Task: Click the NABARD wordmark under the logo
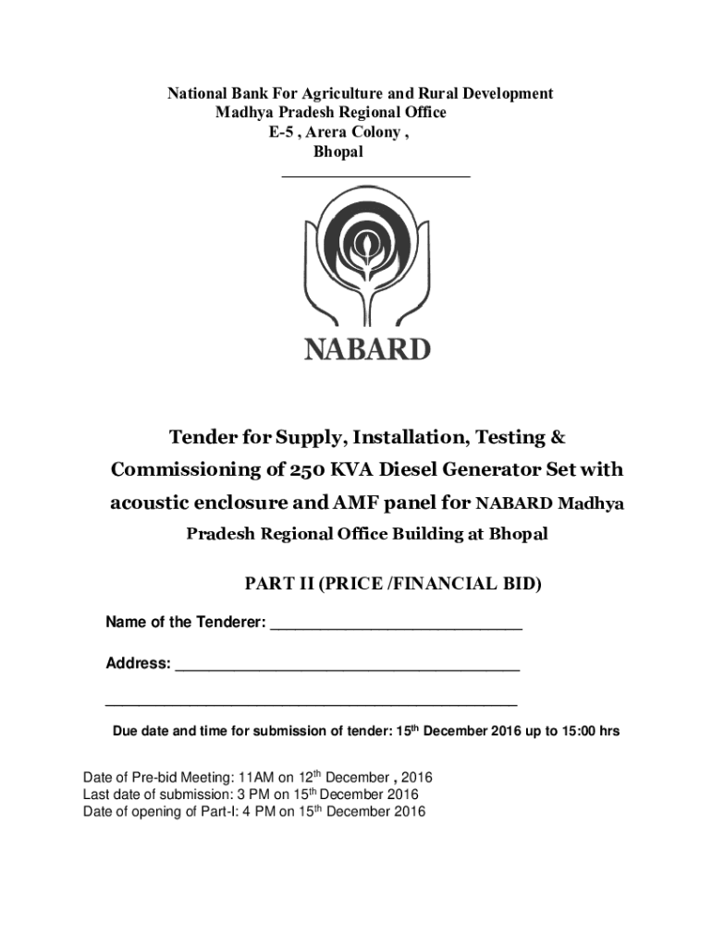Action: pyautogui.click(x=367, y=350)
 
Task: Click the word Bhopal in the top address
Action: pyautogui.click(x=338, y=152)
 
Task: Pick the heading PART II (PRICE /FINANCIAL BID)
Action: pyautogui.click(x=392, y=584)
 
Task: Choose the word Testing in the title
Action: pyautogui.click(x=505, y=436)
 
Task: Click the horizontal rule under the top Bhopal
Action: pyautogui.click(x=375, y=175)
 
